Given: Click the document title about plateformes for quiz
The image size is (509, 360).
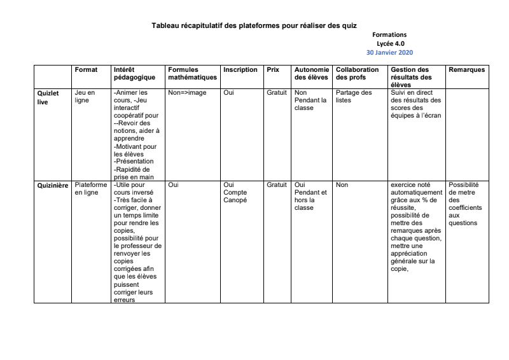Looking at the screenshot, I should click(254, 25).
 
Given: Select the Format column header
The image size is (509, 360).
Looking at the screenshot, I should click(86, 69).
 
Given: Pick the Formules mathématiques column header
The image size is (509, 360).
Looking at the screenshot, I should click(192, 73).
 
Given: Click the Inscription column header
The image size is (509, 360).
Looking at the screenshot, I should click(241, 69).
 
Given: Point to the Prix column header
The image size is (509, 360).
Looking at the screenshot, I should click(273, 69).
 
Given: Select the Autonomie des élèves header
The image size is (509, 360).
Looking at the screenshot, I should click(312, 73).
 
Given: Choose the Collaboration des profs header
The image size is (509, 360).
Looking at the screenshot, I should click(359, 73).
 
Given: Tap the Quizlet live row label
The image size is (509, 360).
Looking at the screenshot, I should click(48, 97).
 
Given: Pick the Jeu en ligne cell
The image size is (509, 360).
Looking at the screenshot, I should click(85, 97).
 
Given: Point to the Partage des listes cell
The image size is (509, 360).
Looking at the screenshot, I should click(354, 97).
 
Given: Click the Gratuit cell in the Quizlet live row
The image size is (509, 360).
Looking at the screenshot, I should click(277, 93).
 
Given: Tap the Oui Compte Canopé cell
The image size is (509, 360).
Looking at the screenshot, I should click(235, 193).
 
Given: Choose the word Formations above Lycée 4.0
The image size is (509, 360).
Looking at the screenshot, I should click(389, 34).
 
